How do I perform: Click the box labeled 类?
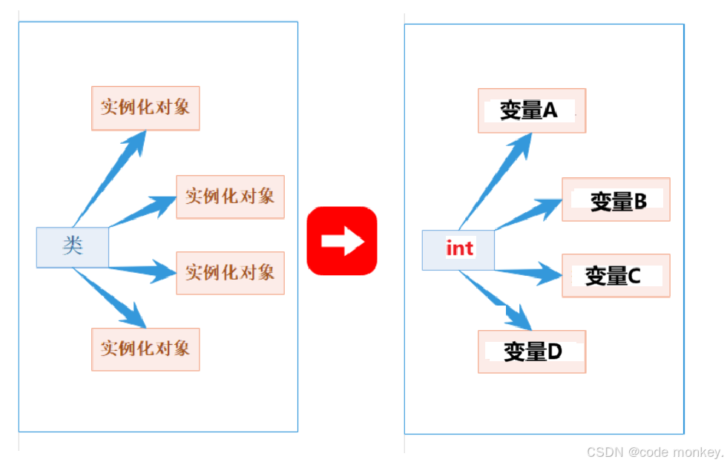pos(73,247)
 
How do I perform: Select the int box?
pos(458,249)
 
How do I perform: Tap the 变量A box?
pos(531,111)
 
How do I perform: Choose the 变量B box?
pos(616,199)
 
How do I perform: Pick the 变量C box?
pos(616,276)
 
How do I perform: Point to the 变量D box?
pos(531,352)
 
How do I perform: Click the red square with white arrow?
pos(342,241)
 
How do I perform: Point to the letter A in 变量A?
pos(550,111)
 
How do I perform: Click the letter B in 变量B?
pos(639,200)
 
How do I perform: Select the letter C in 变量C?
pos(634,276)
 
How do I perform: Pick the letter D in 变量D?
pos(553,352)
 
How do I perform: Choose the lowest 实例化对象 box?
pos(145,349)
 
